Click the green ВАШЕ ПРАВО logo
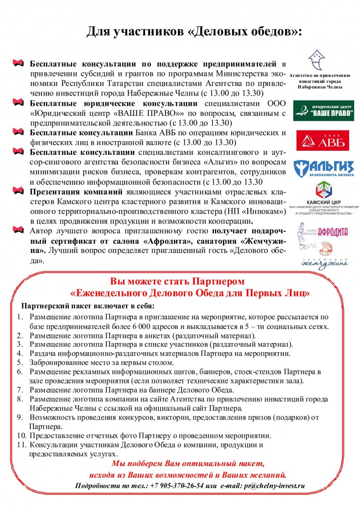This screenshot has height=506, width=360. pyautogui.click(x=324, y=110)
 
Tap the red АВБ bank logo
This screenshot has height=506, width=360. pyautogui.click(x=324, y=141)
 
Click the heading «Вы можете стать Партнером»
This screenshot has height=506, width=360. pyautogui.click(x=181, y=281)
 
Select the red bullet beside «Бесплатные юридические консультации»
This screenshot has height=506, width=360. pyautogui.click(x=19, y=103)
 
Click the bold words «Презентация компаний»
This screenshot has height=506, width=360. pyautogui.click(x=76, y=192)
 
